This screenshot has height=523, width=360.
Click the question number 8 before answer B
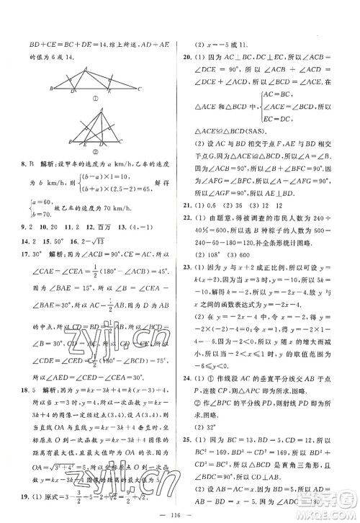15,161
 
